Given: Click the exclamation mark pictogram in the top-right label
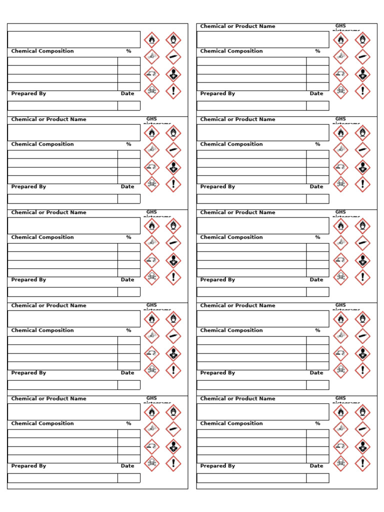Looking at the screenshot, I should coord(362,91).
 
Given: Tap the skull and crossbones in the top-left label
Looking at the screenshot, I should coord(151,91).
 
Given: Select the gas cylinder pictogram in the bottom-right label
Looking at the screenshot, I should coord(362,429).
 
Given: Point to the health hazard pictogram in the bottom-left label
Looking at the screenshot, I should coord(173,446).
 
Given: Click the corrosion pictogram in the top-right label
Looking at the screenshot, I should coord(340,74).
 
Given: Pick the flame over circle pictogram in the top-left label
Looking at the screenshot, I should coord(173,39).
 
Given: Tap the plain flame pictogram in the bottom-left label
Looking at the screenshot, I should coord(151,412).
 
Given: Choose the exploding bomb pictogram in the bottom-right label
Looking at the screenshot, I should coord(340,429).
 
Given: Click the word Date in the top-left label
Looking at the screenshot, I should coord(127,93).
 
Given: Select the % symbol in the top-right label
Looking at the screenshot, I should coord(317,51).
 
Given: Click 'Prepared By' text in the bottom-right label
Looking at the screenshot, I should coord(217,465).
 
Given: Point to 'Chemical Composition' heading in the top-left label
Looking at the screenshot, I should coord(42,51).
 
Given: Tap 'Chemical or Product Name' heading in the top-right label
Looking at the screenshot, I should coord(237,26).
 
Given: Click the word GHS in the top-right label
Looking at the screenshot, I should coord(340,25).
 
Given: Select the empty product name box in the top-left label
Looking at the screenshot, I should coord(73,39).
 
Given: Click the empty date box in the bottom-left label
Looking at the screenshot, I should coord(129,478).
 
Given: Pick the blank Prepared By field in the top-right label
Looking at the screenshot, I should coord(251,105).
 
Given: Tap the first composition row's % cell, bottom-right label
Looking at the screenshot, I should coord(317,433).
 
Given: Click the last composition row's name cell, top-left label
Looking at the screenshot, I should coord(62,86).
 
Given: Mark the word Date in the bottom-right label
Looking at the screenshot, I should coord(316,465).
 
